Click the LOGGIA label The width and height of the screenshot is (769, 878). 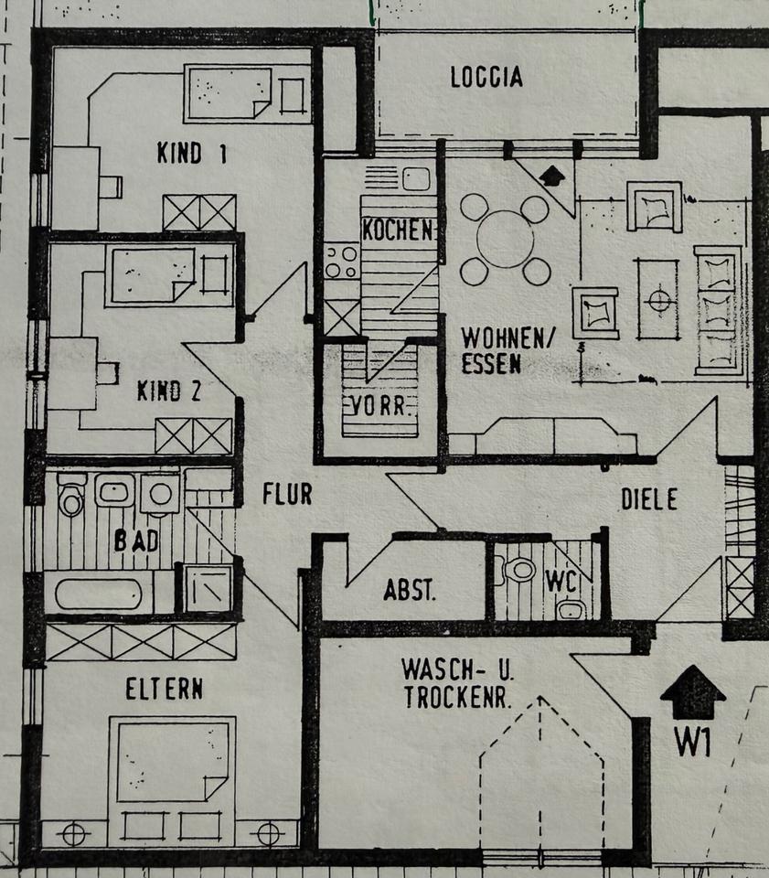point(486,77)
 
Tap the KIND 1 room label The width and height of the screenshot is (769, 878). point(191,153)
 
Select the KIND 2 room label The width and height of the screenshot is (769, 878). point(169,391)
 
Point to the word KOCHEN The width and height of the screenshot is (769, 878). point(397,230)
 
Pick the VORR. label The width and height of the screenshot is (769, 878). point(379,404)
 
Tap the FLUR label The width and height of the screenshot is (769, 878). point(287,494)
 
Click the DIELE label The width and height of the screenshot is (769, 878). point(649,499)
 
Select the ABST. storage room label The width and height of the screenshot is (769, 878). point(410,590)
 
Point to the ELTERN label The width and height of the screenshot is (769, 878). point(164,689)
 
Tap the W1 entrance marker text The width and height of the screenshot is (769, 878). point(692,743)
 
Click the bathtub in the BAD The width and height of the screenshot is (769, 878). point(98,594)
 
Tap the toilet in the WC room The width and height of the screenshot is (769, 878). point(521,569)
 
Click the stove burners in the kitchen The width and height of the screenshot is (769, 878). point(342,260)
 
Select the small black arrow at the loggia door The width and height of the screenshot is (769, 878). point(552,174)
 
